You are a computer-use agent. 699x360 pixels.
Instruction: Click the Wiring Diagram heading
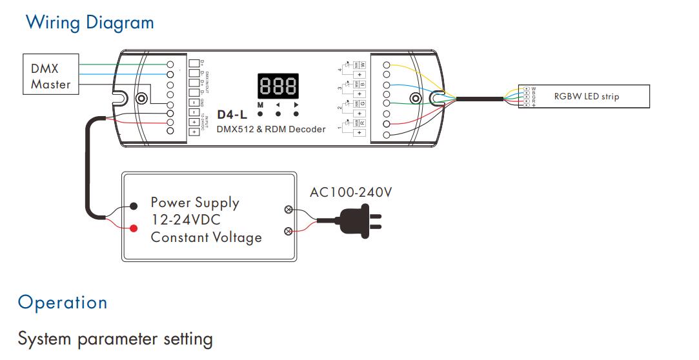[x=90, y=23]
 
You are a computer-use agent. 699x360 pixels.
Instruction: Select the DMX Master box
[x=50, y=76]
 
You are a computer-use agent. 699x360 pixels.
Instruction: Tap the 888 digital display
[x=278, y=85]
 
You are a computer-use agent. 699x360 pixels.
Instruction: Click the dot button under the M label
[x=261, y=114]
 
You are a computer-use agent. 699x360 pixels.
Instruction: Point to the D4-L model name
[x=232, y=115]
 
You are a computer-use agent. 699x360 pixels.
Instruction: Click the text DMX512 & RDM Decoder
[x=271, y=130]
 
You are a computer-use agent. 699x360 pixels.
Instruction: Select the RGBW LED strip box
[x=585, y=97]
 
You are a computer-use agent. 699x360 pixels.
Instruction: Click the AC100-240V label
[x=350, y=192]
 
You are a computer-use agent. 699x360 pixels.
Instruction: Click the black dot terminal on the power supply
[x=134, y=206]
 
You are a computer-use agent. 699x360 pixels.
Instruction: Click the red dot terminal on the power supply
[x=134, y=228]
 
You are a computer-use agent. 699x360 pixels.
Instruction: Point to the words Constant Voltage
[x=206, y=237]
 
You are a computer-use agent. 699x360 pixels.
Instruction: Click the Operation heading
[x=63, y=302]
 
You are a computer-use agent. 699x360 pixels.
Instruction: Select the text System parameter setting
[x=116, y=338]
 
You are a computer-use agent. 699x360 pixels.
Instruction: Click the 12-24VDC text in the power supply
[x=185, y=220]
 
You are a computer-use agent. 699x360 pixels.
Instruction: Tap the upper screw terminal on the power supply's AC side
[x=289, y=209]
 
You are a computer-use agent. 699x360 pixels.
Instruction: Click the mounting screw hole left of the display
[x=141, y=99]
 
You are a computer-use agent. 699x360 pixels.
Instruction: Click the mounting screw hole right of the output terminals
[x=416, y=99]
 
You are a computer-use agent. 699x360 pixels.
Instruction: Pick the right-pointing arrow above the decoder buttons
[x=296, y=105]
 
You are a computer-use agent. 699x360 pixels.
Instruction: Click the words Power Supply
[x=195, y=203]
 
